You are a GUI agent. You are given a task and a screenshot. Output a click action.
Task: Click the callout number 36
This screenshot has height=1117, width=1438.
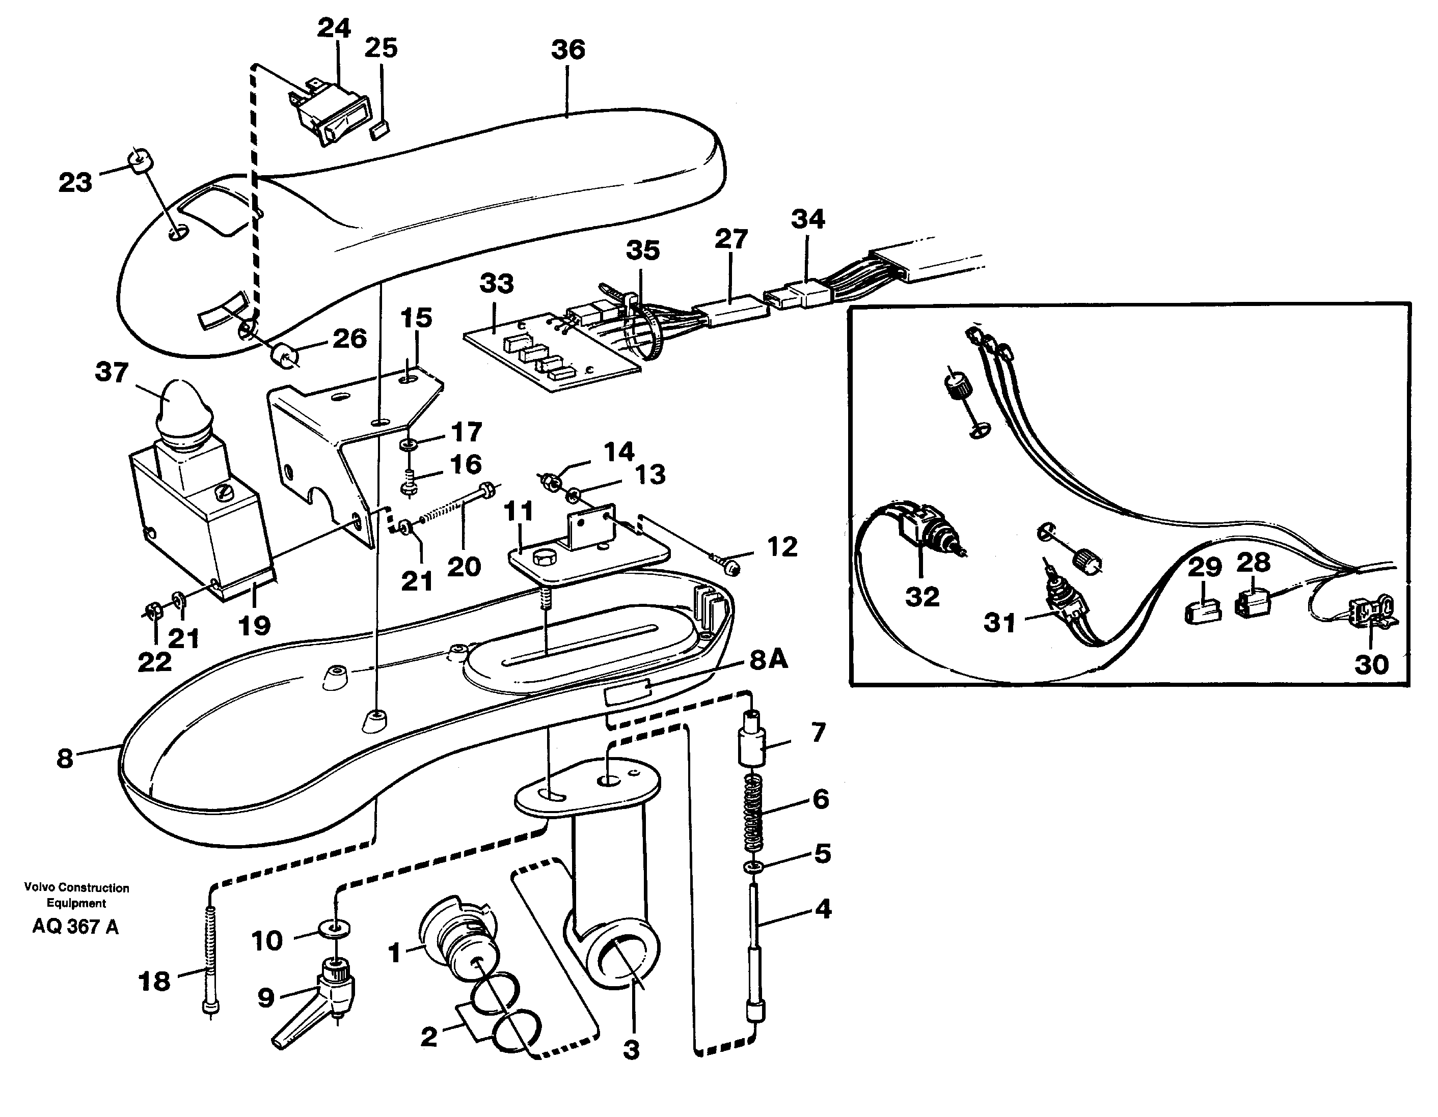(x=567, y=49)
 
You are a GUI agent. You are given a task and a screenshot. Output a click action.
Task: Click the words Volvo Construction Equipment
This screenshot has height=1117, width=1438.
(x=76, y=895)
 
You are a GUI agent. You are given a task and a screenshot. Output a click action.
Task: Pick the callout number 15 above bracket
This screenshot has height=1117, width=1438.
(x=416, y=318)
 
